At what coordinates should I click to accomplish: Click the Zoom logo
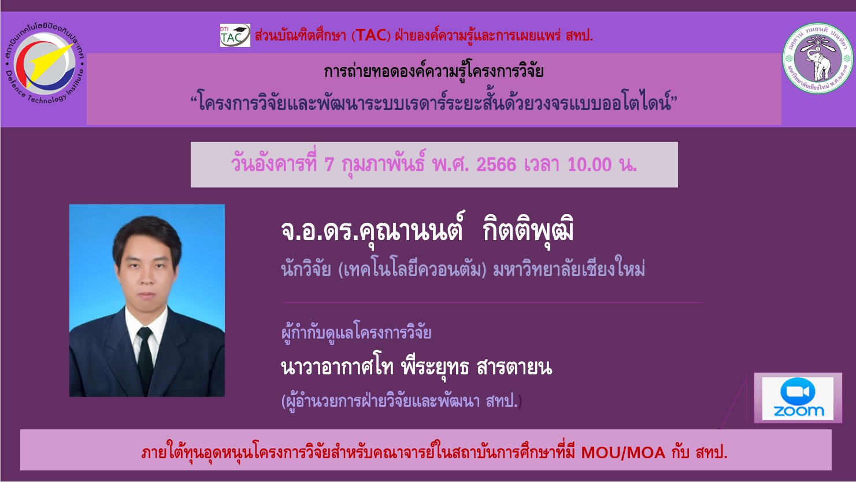click(x=798, y=398)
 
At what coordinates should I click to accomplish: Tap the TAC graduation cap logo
click(x=235, y=35)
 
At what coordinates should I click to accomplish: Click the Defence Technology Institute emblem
click(x=45, y=64)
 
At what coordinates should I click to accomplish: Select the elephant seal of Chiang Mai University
click(x=817, y=58)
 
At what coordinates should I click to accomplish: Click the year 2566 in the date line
click(x=496, y=165)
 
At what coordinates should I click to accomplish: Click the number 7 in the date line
click(x=329, y=165)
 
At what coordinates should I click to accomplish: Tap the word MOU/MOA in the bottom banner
click(x=623, y=453)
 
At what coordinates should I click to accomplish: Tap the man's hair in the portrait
click(x=147, y=237)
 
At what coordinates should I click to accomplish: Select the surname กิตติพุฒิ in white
click(x=528, y=231)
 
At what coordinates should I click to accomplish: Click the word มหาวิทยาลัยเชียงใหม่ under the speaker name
click(x=569, y=270)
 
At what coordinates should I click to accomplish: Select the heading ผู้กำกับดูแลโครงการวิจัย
click(x=356, y=332)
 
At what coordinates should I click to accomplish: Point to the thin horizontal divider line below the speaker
click(x=492, y=303)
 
